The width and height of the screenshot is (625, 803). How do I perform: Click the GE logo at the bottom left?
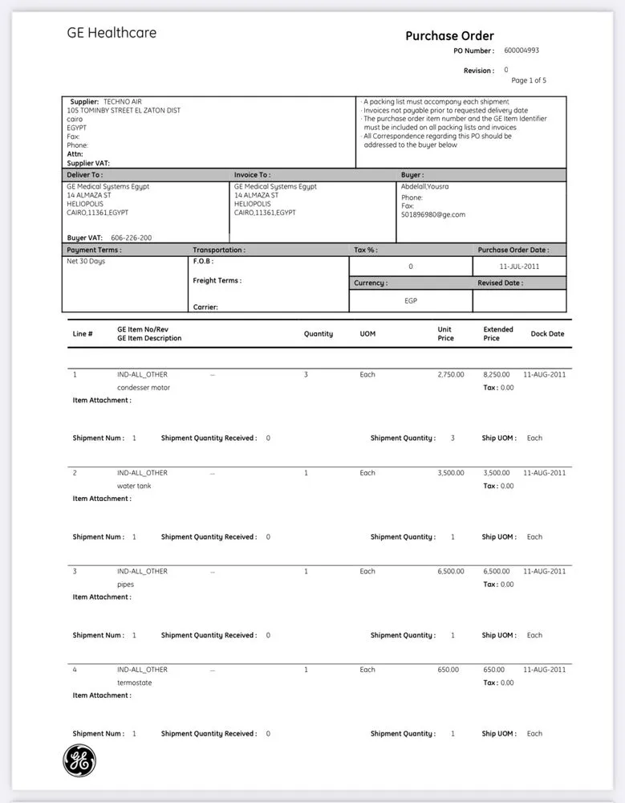click(79, 760)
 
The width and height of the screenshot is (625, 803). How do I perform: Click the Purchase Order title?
click(449, 35)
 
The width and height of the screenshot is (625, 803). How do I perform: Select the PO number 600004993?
click(522, 51)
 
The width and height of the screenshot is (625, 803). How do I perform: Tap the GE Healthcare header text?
click(112, 33)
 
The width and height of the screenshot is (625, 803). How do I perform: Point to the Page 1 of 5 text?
click(529, 80)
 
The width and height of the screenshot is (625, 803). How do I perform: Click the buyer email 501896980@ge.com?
click(433, 214)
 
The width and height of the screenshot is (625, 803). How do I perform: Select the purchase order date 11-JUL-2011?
click(519, 266)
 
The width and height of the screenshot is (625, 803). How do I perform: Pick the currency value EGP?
click(410, 300)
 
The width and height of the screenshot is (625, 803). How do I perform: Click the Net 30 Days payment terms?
click(86, 261)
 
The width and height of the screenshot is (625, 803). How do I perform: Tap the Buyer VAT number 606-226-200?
click(132, 238)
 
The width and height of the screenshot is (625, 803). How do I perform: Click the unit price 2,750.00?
click(451, 374)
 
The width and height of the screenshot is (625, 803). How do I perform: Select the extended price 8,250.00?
click(496, 374)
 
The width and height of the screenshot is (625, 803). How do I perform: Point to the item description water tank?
click(134, 486)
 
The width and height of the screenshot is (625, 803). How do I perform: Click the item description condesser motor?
click(144, 387)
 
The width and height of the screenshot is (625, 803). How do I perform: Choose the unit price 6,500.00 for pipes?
click(451, 571)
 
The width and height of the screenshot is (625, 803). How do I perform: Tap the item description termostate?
click(134, 683)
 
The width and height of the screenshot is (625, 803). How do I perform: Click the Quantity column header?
click(319, 334)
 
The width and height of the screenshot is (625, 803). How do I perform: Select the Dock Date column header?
click(547, 334)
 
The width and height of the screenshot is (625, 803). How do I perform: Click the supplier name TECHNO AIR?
click(121, 102)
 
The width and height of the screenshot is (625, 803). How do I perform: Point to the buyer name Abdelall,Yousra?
click(425, 186)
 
